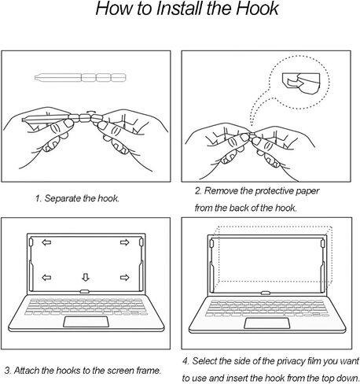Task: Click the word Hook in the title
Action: pyautogui.click(x=257, y=8)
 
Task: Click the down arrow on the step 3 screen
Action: pyautogui.click(x=86, y=277)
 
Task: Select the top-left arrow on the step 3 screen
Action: pyautogui.click(x=46, y=242)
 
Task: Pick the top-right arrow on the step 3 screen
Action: pyautogui.click(x=125, y=242)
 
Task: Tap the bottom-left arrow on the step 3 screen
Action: pyautogui.click(x=46, y=277)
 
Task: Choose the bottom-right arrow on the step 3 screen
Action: pyautogui.click(x=125, y=277)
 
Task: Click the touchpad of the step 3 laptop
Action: pyautogui.click(x=86, y=322)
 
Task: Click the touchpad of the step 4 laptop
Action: pyautogui.click(x=267, y=323)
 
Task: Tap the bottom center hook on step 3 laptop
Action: pyautogui.click(x=84, y=291)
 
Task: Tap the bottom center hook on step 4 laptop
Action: pyautogui.click(x=266, y=293)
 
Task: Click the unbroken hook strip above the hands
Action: pyautogui.click(x=80, y=78)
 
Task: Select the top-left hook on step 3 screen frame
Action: pyautogui.click(x=31, y=242)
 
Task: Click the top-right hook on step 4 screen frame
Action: pyautogui.click(x=322, y=243)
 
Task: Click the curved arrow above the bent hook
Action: pyautogui.click(x=91, y=113)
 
